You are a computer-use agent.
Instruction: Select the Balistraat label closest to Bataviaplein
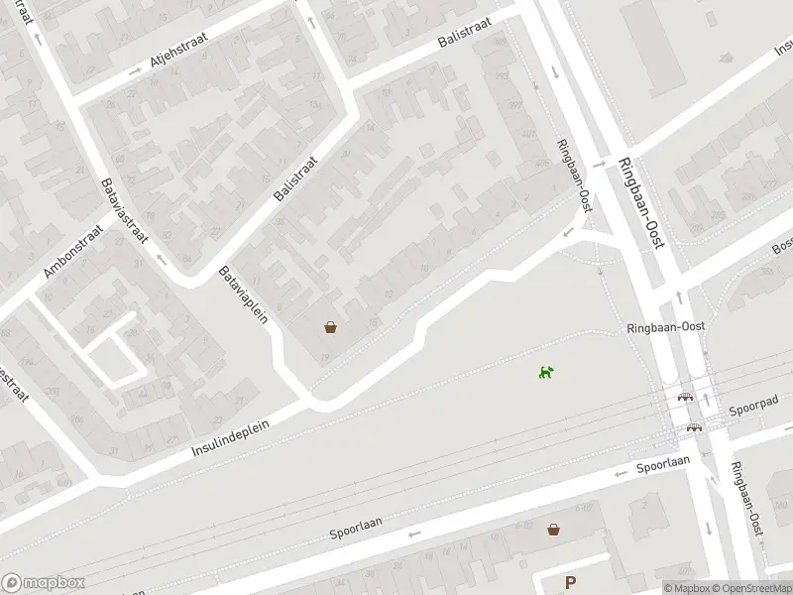click(295, 178)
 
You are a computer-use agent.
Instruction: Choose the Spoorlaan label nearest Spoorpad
click(663, 464)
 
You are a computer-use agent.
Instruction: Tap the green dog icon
click(546, 372)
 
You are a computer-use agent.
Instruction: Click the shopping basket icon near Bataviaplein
click(330, 326)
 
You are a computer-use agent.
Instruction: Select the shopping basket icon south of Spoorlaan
click(553, 530)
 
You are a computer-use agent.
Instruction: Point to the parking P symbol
click(570, 582)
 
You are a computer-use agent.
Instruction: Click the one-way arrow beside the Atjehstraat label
click(136, 71)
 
